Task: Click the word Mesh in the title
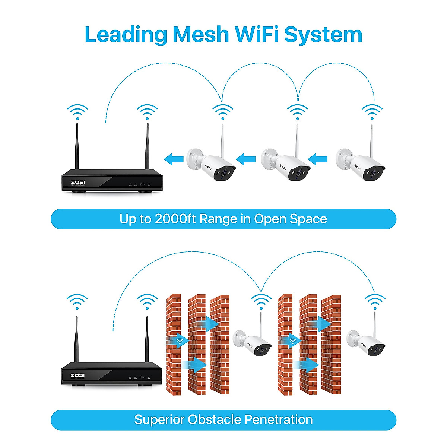(x=200, y=35)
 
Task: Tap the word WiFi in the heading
(x=256, y=35)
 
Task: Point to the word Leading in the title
(x=126, y=35)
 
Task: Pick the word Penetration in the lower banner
(x=278, y=419)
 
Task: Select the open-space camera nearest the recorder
(x=211, y=164)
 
